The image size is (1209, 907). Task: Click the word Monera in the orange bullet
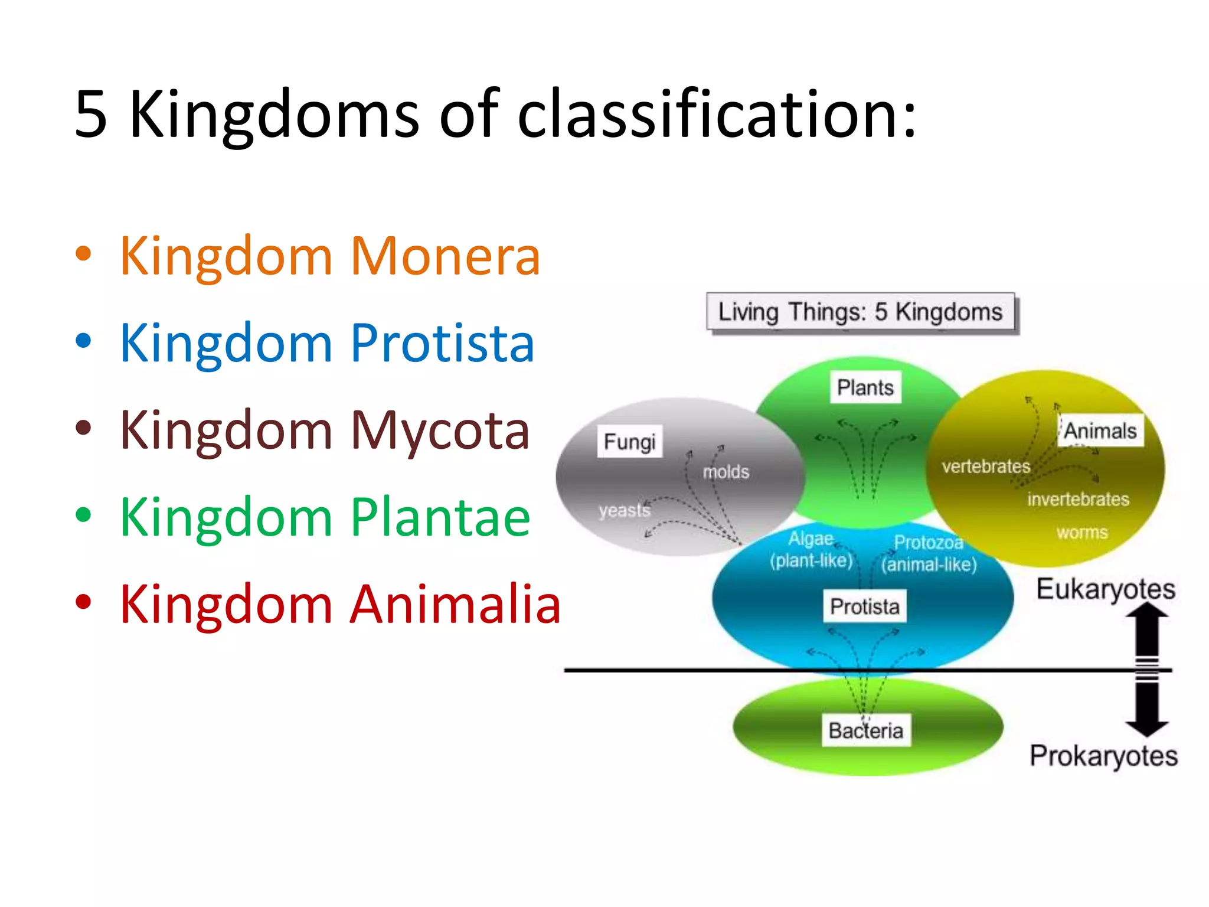tap(445, 256)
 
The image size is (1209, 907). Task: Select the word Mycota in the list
tap(440, 430)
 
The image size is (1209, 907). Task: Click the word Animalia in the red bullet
tap(455, 604)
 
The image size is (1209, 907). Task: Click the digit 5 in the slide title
tap(91, 114)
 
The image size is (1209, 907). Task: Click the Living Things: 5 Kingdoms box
tap(860, 312)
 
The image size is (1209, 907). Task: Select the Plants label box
tap(865, 387)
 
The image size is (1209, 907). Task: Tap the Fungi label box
tap(629, 442)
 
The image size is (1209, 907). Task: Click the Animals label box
tap(1100, 430)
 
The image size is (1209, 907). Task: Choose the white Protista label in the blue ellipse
tap(865, 606)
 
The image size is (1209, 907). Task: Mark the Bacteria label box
tap(865, 731)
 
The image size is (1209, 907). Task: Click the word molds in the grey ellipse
tap(726, 472)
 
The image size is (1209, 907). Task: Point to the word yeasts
tap(624, 510)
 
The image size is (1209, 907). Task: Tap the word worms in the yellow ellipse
tap(1081, 532)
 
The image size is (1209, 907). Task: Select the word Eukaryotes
tap(1105, 589)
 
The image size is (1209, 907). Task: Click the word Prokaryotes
tap(1103, 755)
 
